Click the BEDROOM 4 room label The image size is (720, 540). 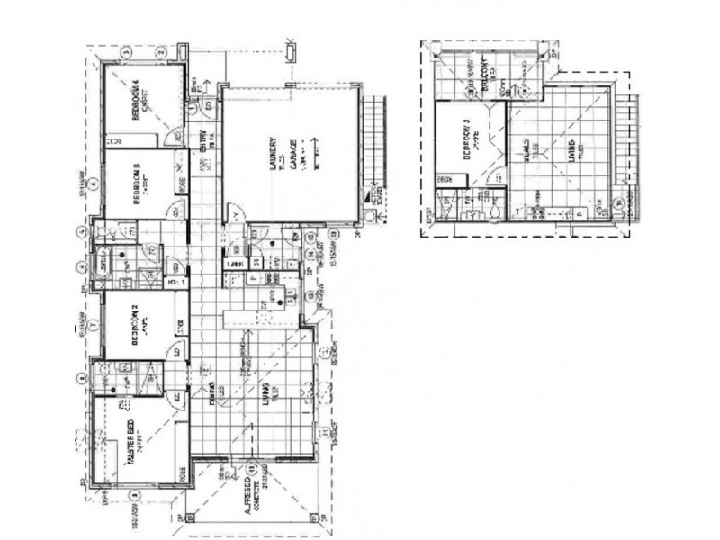coord(136,102)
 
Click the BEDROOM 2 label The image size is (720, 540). coord(136,326)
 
